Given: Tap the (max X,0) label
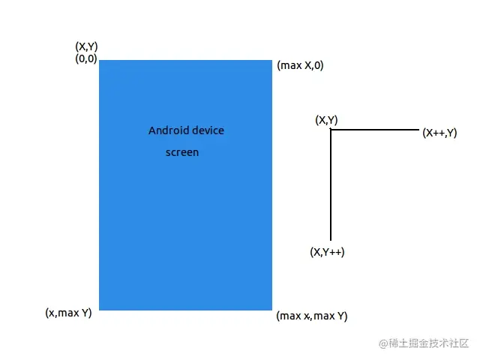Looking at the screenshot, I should tap(300, 65).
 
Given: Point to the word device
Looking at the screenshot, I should tap(208, 130).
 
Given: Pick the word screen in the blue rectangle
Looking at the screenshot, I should tap(182, 152).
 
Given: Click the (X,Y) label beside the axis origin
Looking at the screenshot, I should tap(326, 120).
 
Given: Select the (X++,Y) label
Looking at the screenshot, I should tap(439, 133).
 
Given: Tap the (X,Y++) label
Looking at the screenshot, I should tap(327, 253).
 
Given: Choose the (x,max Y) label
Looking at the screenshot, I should tap(68, 313).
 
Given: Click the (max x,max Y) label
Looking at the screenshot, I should tap(312, 316).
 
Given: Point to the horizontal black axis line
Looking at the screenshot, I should tap(375, 130).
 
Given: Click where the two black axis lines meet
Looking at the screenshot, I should tap(331, 130).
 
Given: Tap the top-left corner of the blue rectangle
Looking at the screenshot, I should tap(100, 61).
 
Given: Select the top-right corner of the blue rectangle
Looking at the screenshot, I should tap(271, 61).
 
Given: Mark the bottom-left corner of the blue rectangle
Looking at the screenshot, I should tap(100, 309).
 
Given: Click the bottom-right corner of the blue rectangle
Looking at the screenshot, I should tap(271, 309).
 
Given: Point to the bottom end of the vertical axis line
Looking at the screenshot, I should tap(331, 239).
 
